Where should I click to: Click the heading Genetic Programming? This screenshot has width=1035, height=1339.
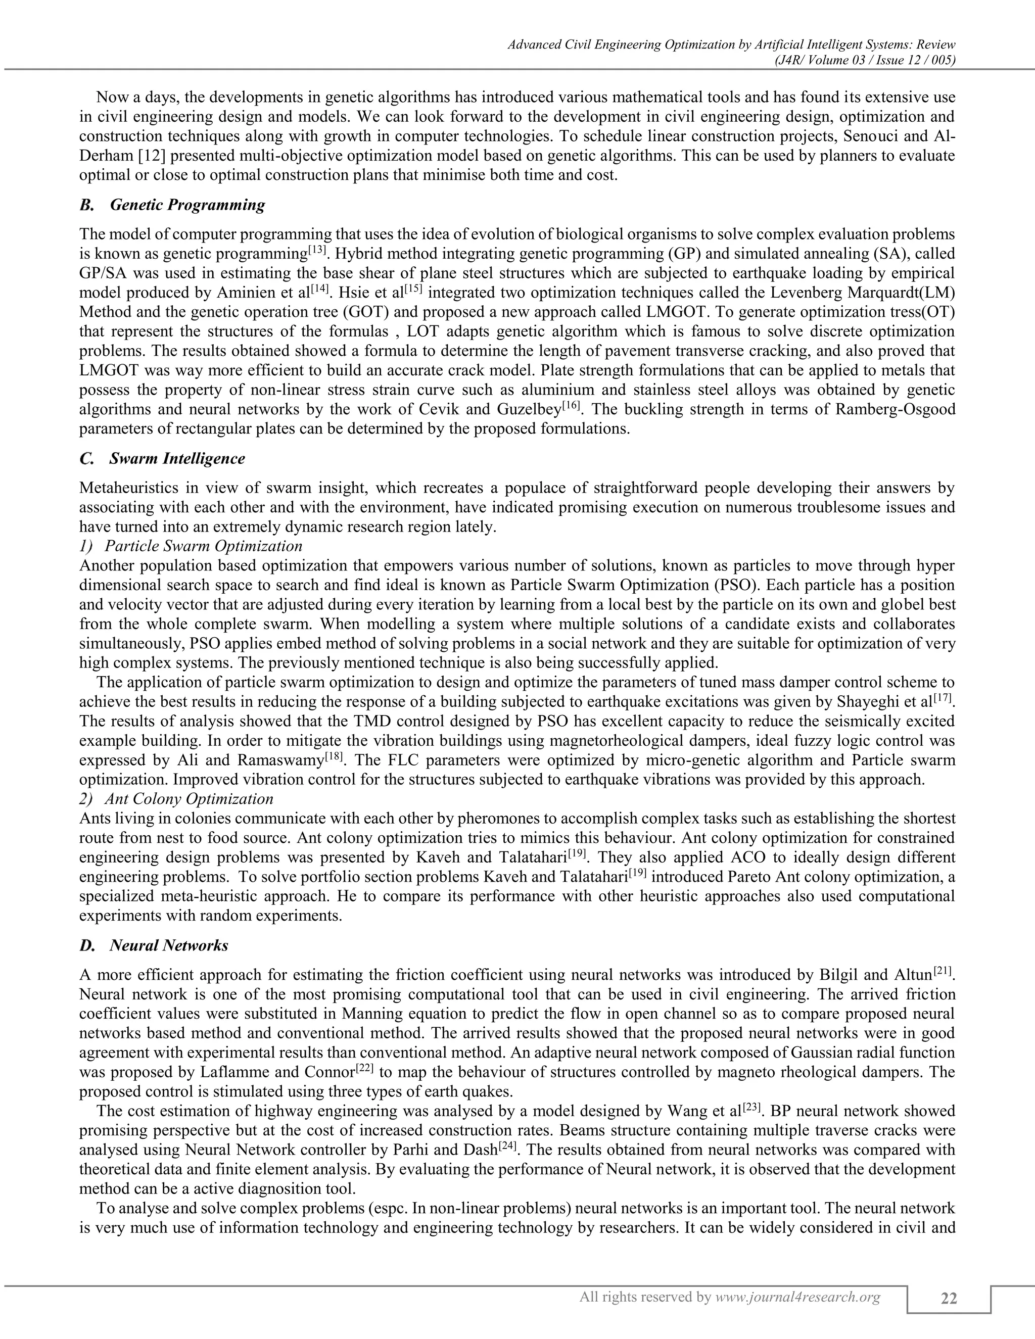point(187,205)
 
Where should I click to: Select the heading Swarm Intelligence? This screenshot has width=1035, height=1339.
point(177,459)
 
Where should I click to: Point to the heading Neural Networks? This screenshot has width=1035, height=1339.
point(169,945)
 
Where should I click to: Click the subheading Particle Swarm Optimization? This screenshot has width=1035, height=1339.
point(204,546)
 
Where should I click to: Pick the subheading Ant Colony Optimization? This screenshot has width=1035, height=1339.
point(189,799)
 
